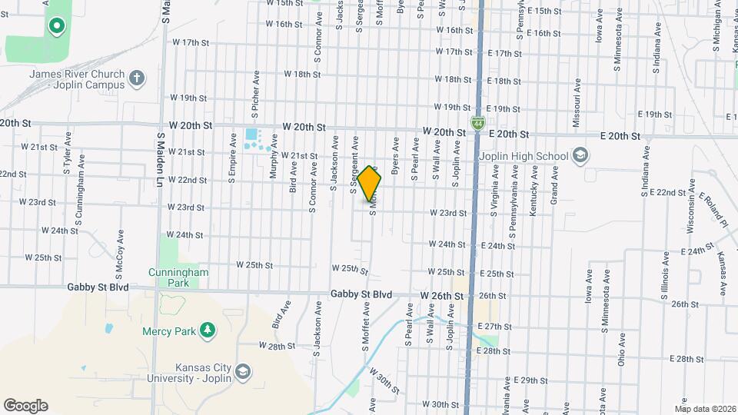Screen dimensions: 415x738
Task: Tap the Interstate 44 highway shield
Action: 477,122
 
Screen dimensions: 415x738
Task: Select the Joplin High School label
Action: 530,156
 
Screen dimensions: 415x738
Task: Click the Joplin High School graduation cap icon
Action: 580,156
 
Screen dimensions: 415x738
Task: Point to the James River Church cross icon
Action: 136,78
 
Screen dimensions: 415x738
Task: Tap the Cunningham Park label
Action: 174,277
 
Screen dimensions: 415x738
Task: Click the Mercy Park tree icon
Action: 206,330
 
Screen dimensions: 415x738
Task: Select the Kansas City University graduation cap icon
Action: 243,371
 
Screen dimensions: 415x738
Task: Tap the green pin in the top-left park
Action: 55,27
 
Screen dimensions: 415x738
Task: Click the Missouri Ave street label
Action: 575,104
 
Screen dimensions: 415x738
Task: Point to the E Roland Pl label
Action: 713,211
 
